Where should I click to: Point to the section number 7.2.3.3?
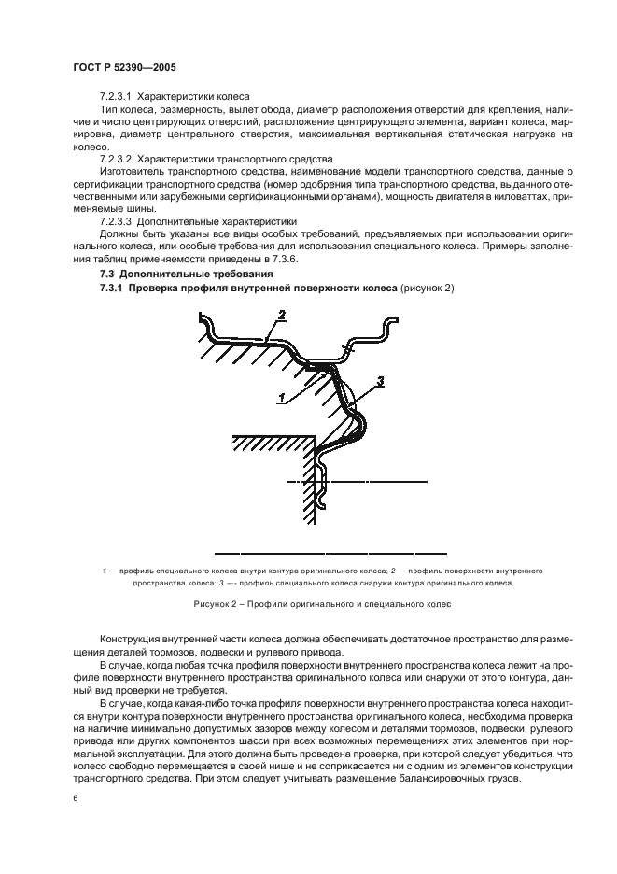point(118,221)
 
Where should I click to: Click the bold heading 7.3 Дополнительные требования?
point(187,274)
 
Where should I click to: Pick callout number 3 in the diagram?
point(381,381)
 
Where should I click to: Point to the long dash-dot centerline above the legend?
point(330,549)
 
